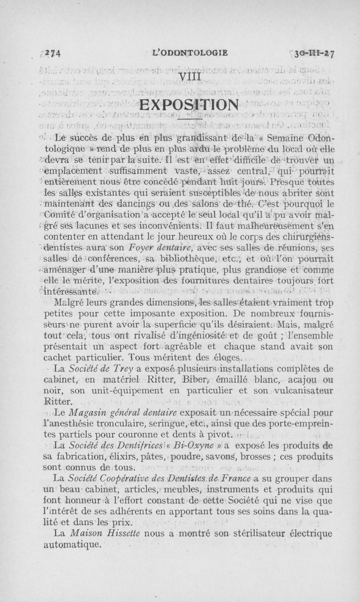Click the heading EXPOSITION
(189, 107)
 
